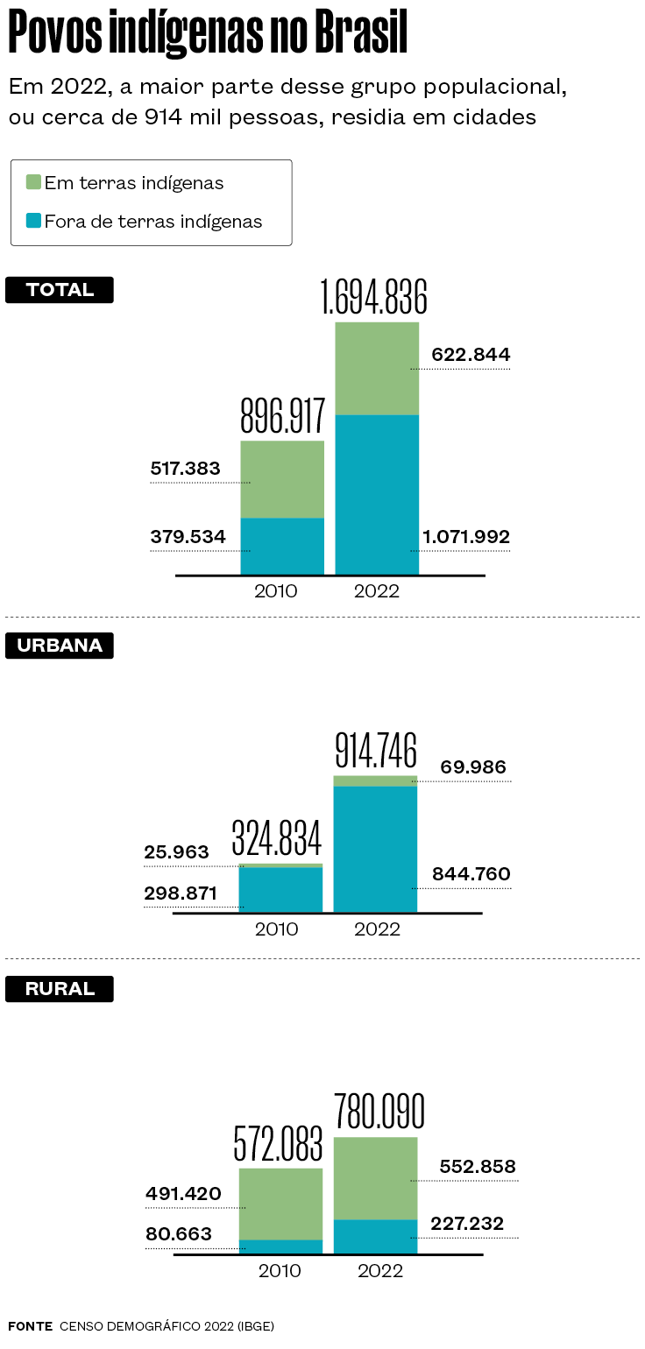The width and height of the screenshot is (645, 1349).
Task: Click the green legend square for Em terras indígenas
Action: [33, 182]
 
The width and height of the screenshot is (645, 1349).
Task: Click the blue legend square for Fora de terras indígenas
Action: [33, 221]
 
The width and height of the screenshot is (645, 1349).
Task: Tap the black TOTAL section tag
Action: [60, 290]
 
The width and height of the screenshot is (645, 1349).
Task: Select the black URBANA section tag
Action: [60, 646]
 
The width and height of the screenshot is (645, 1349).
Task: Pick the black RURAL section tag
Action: [60, 989]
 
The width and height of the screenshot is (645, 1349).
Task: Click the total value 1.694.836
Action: [374, 298]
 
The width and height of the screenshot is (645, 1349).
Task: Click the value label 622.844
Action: [471, 355]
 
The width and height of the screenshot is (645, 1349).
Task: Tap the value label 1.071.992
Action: [465, 536]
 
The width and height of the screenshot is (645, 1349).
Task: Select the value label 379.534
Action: [188, 536]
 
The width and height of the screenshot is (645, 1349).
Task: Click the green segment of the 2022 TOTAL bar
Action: [377, 368]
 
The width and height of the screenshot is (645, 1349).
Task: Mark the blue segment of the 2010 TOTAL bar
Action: [282, 546]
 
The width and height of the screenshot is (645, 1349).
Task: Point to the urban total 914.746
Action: [375, 751]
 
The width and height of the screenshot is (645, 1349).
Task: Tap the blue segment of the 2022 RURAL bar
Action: [375, 1236]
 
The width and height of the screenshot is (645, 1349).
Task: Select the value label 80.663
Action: [181, 1234]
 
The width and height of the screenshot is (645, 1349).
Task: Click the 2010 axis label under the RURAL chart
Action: [280, 1270]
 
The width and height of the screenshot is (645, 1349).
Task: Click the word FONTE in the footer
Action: [30, 1326]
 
